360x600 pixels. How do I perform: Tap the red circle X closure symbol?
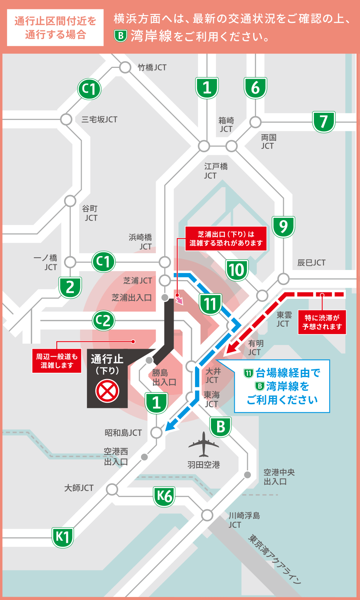click(x=107, y=391)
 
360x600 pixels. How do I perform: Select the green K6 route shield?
click(x=164, y=496)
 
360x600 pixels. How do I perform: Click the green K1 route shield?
click(x=63, y=537)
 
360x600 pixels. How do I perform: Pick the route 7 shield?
click(x=324, y=122)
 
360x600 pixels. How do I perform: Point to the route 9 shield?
click(x=283, y=226)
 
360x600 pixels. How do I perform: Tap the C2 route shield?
click(x=103, y=321)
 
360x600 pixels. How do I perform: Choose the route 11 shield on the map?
click(x=210, y=304)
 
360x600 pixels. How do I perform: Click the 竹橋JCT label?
click(x=152, y=67)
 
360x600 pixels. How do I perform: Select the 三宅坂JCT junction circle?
click(x=66, y=120)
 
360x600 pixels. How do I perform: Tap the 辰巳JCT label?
click(x=311, y=263)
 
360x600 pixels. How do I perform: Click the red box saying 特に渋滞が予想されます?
click(x=322, y=322)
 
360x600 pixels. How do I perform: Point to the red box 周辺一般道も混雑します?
click(x=57, y=361)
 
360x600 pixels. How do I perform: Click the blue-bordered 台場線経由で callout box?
click(x=282, y=386)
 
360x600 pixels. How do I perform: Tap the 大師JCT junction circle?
click(x=112, y=489)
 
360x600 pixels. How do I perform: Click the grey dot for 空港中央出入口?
click(x=247, y=475)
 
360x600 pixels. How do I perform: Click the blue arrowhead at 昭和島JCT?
click(x=171, y=426)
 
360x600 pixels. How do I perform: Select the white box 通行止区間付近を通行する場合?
click(x=55, y=28)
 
